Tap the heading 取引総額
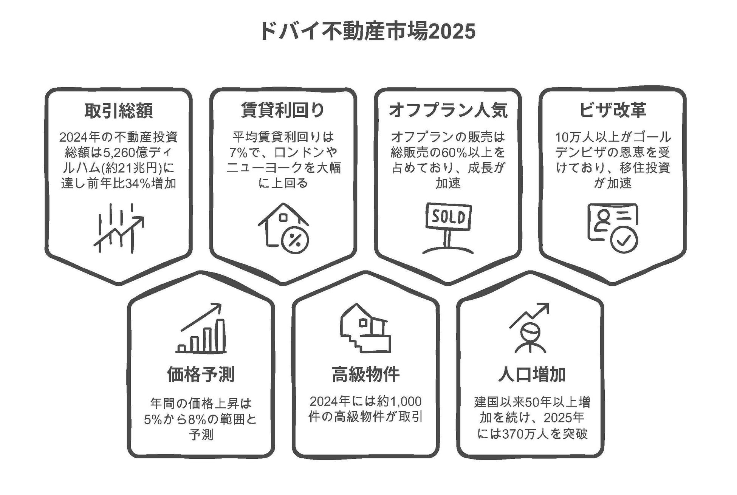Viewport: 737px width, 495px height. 119,111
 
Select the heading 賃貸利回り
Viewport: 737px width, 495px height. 283,110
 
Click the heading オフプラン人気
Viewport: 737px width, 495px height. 448,110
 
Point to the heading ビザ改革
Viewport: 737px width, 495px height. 613,110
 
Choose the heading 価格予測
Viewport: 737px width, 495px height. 201,374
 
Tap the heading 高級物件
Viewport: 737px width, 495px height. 365,374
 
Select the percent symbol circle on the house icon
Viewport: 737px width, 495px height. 295,240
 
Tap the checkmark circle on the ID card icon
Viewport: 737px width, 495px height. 624,240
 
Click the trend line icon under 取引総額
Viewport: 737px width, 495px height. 119,228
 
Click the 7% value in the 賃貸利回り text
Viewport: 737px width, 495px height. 238,153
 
